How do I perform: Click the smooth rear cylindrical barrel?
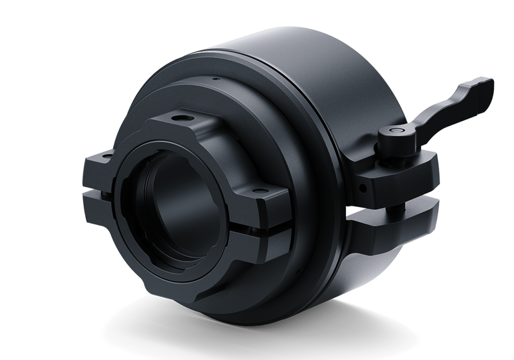tap(321, 88)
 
